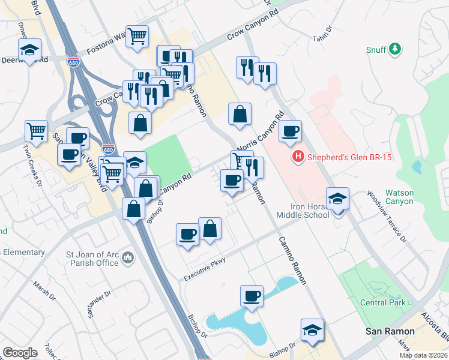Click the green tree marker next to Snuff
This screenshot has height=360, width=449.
click(x=395, y=49)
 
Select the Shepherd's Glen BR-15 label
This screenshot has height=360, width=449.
click(x=341, y=158)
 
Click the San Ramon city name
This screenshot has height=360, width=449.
click(x=390, y=331)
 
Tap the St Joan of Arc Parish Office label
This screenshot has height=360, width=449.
click(x=92, y=258)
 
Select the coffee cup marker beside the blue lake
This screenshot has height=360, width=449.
click(x=252, y=296)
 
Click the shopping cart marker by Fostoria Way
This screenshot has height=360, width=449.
click(x=137, y=36)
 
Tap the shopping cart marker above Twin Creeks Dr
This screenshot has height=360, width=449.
click(x=36, y=131)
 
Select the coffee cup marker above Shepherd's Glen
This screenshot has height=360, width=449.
click(x=290, y=131)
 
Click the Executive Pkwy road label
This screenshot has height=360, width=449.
click(x=204, y=269)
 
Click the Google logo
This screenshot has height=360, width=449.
click(x=20, y=353)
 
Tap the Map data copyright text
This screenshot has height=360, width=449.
click(x=423, y=355)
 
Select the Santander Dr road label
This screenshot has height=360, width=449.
click(x=100, y=304)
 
